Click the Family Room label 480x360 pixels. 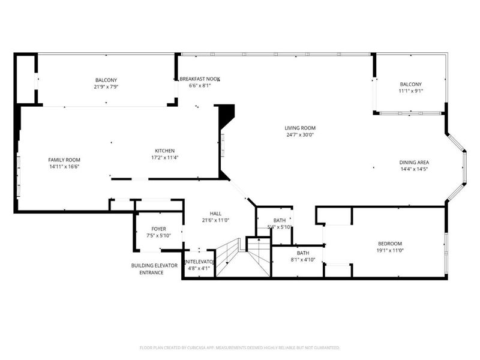pos(64,159)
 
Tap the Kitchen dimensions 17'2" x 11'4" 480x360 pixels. pos(164,158)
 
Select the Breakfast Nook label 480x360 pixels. pos(200,79)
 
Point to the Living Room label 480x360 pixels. pos(300,128)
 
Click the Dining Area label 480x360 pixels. pos(414,162)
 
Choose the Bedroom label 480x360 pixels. pos(389,243)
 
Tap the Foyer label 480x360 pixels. pos(158,229)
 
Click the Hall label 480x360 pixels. pos(215,214)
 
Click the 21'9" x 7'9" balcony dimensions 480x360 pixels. pos(106,88)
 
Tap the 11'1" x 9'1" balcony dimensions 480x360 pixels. pos(411,91)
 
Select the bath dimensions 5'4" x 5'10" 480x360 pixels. pos(279,227)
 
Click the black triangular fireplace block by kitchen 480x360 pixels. pos(227,114)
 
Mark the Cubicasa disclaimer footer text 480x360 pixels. pos(240,347)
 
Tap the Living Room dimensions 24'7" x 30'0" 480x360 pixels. pos(300,135)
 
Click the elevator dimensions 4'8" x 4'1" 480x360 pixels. pos(198,268)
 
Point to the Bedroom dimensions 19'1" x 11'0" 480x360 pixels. pos(389,250)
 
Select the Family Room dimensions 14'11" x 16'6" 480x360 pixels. pos(64,166)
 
